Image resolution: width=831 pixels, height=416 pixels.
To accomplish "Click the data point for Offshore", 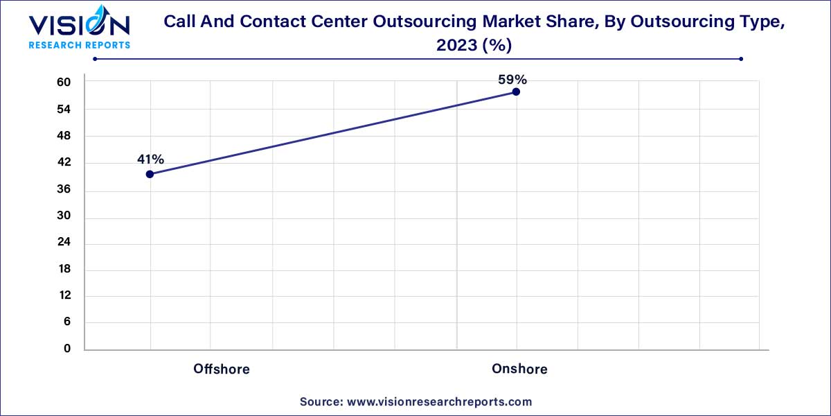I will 150,174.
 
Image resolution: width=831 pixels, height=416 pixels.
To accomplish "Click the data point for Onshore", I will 516,92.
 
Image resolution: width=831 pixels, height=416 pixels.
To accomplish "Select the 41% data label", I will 150,159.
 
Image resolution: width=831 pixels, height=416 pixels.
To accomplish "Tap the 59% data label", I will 512,80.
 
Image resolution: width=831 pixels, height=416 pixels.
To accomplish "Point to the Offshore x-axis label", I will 222,369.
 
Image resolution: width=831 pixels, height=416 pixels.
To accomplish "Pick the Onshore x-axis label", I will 519,369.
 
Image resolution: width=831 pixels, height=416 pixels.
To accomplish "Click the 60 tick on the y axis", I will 64,83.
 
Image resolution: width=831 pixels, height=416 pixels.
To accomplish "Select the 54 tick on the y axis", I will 64,110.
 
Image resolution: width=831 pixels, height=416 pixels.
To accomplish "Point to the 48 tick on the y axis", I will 64,136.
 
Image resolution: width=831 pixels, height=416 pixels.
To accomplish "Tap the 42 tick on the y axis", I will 64,163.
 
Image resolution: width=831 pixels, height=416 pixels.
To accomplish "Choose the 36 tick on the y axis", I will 64,190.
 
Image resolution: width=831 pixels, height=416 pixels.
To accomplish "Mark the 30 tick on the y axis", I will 64,216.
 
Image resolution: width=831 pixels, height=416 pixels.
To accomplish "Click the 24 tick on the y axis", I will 64,243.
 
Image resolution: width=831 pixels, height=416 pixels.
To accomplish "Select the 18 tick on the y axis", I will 64,269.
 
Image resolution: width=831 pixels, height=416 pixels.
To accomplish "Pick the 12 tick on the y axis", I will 64,295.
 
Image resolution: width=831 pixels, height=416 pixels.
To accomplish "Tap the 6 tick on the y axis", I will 67,322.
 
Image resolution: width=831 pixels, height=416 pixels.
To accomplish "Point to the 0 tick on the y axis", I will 67,349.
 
